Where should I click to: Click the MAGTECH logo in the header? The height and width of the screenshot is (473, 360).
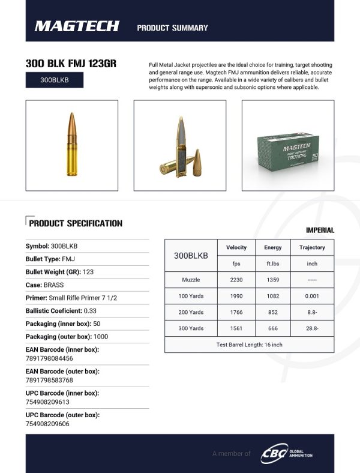(77, 26)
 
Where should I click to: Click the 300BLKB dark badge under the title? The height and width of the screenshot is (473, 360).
(55, 80)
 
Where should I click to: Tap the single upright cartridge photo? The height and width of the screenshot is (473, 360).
(71, 145)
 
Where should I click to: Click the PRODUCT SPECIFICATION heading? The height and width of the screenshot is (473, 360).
(75, 223)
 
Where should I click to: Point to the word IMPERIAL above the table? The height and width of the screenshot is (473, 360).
(320, 230)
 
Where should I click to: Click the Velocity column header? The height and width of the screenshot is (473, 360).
(236, 247)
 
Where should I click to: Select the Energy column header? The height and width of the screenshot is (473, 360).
(273, 247)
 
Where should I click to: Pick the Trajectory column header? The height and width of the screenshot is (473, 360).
(312, 247)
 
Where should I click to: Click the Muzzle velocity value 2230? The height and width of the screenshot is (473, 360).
(236, 280)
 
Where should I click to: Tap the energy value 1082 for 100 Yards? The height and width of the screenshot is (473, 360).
(273, 296)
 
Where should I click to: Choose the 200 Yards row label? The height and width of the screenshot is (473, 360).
(191, 312)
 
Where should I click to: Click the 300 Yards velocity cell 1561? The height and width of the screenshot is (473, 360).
(236, 328)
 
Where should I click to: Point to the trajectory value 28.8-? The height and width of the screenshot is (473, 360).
(312, 328)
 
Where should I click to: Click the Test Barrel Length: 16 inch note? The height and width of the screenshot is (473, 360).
(249, 345)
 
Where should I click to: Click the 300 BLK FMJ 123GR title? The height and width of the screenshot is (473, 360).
(70, 63)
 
